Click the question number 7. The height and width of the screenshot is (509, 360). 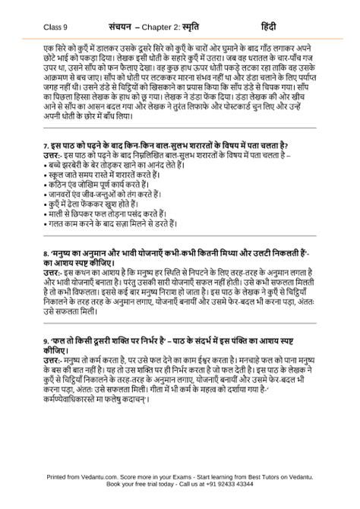tap(46, 144)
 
